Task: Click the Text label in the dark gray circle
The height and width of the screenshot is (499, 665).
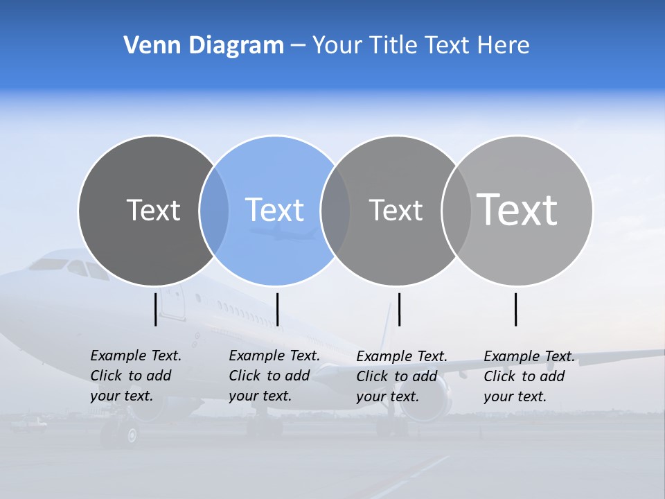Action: tap(153, 210)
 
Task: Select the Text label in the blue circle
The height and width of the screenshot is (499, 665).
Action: tap(274, 210)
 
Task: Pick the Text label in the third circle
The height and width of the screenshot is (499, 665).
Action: tap(396, 210)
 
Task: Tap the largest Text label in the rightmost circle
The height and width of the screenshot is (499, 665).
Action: tap(517, 209)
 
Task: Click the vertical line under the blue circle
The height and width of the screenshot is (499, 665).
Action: tap(277, 309)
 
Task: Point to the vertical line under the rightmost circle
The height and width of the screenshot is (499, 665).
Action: tap(515, 309)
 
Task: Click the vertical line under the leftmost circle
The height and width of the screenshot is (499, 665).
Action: tap(155, 309)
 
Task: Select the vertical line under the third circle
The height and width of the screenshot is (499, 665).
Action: tap(399, 309)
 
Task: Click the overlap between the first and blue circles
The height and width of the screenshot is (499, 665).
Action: tap(214, 211)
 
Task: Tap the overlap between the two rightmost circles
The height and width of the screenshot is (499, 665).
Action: tap(456, 211)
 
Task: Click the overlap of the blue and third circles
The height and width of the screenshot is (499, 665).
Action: tap(335, 211)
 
